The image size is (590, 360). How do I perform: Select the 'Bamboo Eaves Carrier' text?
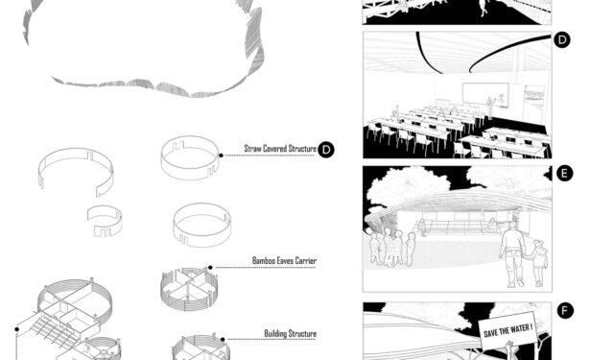point(284,260)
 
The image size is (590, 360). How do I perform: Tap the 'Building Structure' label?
point(290,333)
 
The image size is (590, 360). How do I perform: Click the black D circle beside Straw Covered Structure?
point(326,149)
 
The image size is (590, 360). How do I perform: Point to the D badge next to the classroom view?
point(562,40)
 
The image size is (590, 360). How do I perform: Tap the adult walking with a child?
point(510,252)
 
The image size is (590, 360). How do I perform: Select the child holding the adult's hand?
point(538,261)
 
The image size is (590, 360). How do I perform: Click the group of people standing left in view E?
point(391,245)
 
